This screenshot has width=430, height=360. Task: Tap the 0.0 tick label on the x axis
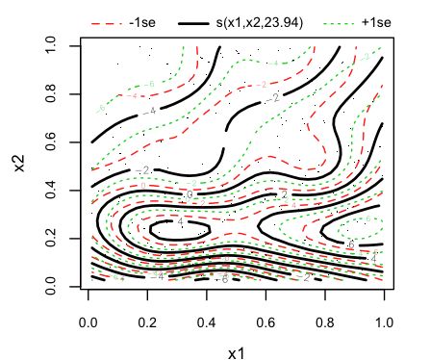pos(89,313)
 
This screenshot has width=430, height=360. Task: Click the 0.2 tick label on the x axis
pos(147,313)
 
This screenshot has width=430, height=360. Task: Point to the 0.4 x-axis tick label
pos(207,313)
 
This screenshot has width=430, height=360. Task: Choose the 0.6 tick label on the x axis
pos(266,313)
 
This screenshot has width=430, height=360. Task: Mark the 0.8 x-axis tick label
pos(324,313)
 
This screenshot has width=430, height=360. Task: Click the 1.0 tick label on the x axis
pos(383,313)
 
